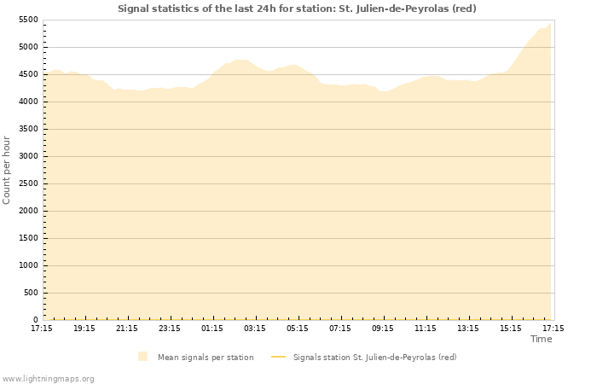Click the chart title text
point(297,9)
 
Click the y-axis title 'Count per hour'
point(7,169)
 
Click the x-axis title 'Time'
point(541,339)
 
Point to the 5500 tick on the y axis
point(28,20)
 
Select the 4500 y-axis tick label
point(28,74)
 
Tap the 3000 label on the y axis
point(28,156)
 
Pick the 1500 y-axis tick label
point(28,238)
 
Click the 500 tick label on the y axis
point(31,293)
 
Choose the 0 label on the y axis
point(36,320)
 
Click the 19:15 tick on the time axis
point(84,328)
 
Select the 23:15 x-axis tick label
point(170,328)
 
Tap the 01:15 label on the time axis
point(212,328)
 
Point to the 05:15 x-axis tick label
point(298,328)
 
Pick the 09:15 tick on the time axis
point(383,328)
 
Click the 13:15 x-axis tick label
point(468,328)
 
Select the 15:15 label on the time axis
point(511,328)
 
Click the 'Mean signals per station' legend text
point(206,357)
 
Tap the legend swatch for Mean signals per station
point(142,357)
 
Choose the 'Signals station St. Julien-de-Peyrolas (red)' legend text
point(374,357)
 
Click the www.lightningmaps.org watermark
point(48,378)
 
